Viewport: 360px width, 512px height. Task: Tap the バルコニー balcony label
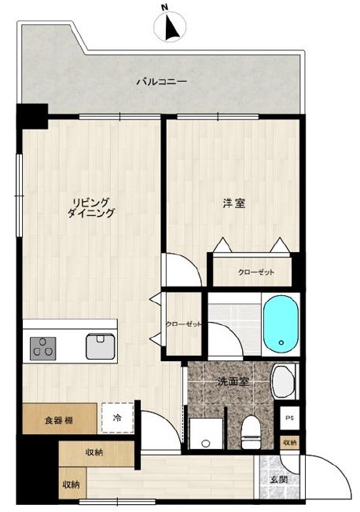pos(161,81)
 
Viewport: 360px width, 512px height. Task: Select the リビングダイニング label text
pos(91,207)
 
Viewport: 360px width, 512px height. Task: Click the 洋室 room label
pos(233,203)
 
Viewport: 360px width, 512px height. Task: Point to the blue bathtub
pos(281,324)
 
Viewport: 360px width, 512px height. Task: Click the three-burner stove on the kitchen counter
pos(42,349)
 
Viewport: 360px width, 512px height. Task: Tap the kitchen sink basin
pos(101,346)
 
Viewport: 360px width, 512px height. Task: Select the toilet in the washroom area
pos(251,432)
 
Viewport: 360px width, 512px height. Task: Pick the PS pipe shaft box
pos(289,419)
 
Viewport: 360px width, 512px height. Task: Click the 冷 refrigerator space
pos(117,419)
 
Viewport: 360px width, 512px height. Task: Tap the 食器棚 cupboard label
pos(59,420)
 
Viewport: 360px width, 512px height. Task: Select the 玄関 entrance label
pos(279,480)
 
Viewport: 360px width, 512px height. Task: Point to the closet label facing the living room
pos(184,324)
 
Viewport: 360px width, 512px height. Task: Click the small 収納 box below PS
pos(290,443)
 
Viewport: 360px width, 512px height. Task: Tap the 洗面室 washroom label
pos(233,382)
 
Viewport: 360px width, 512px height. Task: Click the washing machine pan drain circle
pos(205,443)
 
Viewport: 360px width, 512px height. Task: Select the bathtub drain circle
pos(281,342)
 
